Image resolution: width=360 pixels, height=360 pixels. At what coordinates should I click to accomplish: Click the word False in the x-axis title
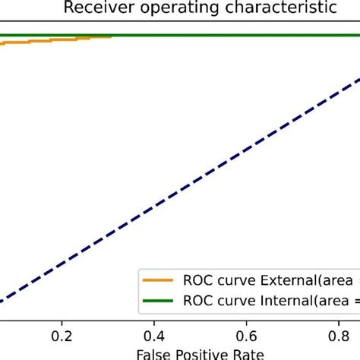tap(153, 354)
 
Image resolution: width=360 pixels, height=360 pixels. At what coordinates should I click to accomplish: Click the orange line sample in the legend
tap(159, 279)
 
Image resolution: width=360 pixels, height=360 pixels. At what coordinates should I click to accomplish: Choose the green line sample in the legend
tap(159, 301)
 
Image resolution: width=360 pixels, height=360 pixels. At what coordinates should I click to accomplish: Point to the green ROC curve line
tap(228, 36)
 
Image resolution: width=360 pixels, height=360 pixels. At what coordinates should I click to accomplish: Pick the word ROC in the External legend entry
tap(197, 279)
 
